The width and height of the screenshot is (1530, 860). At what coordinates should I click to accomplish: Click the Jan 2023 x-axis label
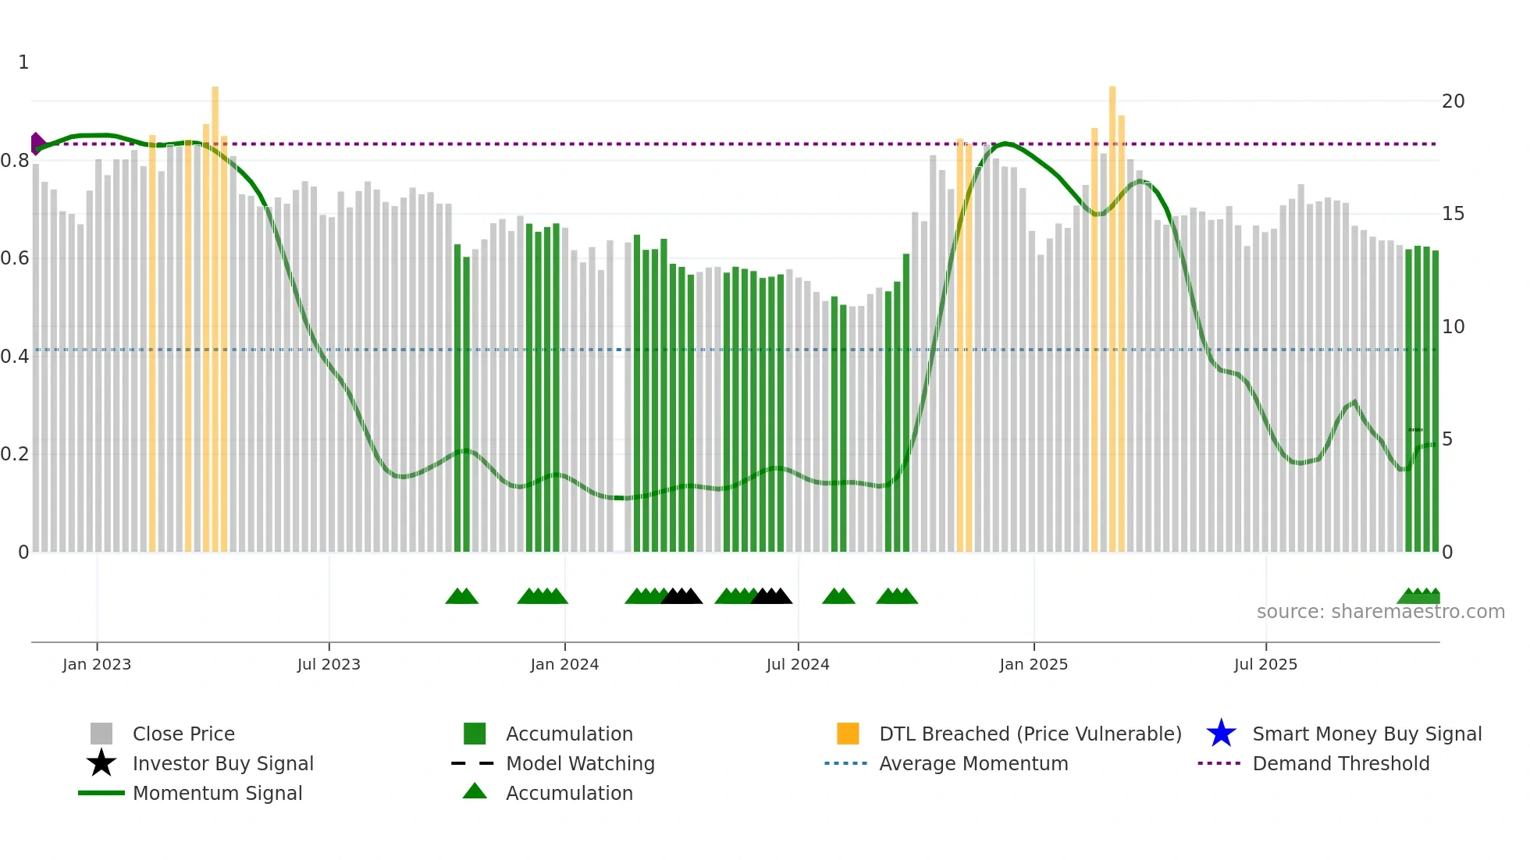(x=97, y=664)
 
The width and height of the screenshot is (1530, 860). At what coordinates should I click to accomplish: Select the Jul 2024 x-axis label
(x=798, y=664)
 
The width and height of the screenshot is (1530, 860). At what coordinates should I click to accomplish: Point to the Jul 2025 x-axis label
(x=1265, y=664)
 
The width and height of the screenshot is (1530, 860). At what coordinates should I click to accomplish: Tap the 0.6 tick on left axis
(x=15, y=258)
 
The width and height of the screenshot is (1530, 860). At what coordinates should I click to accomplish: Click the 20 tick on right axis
(x=1453, y=101)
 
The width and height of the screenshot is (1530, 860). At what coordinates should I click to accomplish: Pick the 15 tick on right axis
(x=1453, y=214)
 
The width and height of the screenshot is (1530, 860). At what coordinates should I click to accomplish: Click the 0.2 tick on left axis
(x=15, y=454)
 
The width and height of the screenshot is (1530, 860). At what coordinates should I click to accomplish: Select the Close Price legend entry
(x=183, y=734)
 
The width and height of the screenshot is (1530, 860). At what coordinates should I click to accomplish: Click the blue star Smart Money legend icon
(x=1221, y=734)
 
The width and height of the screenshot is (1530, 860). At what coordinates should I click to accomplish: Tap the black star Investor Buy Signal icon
(x=101, y=763)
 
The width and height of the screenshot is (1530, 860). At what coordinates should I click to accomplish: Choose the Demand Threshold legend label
(x=1340, y=763)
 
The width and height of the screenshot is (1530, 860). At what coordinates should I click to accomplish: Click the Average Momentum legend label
(x=973, y=763)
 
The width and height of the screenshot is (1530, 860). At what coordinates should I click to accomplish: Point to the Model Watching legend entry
(x=580, y=763)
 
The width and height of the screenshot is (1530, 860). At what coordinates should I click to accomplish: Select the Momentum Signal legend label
(x=217, y=793)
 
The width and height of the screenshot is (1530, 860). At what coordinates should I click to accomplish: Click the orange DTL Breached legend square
(x=848, y=734)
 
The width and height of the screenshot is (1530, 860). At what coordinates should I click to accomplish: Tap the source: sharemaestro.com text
(x=1380, y=612)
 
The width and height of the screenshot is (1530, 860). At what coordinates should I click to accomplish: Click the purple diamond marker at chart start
(x=37, y=144)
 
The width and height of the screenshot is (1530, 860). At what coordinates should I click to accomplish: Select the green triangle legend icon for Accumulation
(x=475, y=791)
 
